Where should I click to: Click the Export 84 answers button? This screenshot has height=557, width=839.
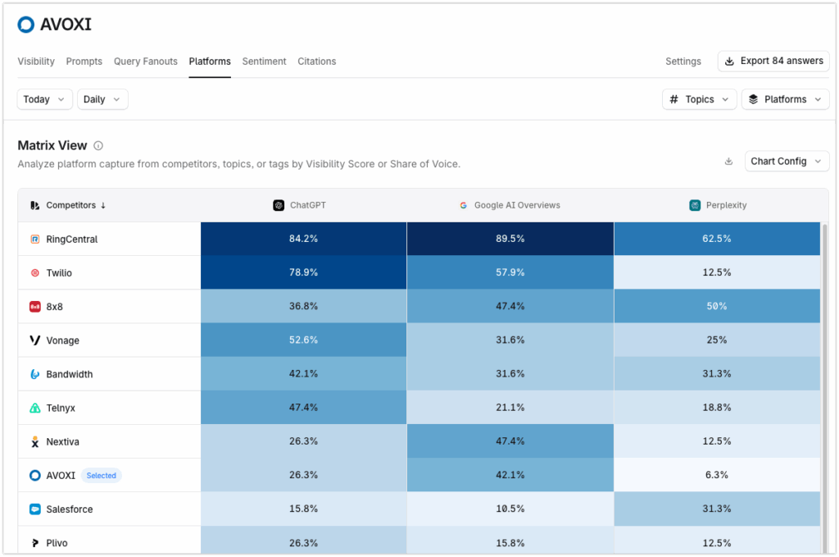point(773,62)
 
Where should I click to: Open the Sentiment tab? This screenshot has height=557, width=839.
point(264,62)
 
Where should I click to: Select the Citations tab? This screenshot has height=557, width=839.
point(316,62)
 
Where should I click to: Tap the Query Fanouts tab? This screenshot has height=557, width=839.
point(145,62)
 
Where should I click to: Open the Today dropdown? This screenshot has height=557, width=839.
point(45,99)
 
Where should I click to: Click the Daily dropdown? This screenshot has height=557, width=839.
point(102,99)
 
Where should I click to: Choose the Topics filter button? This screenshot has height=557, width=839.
point(699,99)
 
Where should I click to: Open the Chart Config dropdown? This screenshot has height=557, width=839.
point(787,162)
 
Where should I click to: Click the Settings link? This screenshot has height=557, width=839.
point(683,62)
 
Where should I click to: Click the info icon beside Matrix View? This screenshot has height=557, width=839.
point(98,146)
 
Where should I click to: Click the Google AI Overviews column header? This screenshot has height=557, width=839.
point(510,205)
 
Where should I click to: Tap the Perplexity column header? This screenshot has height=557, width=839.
point(718,205)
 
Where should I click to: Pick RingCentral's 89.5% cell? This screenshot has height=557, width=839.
point(510,239)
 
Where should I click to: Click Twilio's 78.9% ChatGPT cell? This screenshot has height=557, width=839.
point(303,272)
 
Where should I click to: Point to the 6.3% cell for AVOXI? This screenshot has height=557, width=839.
point(717,475)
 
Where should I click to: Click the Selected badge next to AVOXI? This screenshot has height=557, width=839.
point(102,476)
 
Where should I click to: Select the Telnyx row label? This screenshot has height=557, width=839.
point(61,408)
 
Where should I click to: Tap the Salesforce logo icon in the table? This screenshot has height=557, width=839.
point(35,509)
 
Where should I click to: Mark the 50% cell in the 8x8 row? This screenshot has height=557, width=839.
point(717,306)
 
